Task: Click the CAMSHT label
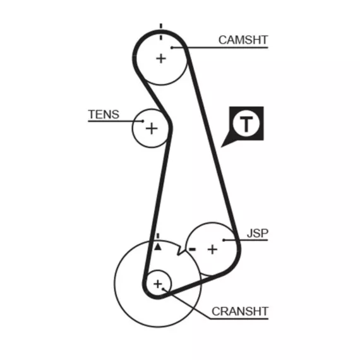243,40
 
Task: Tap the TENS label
104,114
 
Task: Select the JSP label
258,233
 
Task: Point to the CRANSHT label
240,311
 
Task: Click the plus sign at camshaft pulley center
161,58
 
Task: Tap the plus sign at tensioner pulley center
152,128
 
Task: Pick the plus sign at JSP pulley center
212,249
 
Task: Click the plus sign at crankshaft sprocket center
158,284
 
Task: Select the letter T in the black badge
246,124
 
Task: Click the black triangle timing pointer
158,247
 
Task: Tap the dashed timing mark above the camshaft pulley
161,32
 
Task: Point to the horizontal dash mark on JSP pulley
192,249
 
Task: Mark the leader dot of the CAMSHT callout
172,47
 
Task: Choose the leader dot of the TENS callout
143,121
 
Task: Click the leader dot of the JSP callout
224,240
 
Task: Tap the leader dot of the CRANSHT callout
163,289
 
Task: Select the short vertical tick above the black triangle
158,236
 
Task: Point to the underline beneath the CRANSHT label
239,319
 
